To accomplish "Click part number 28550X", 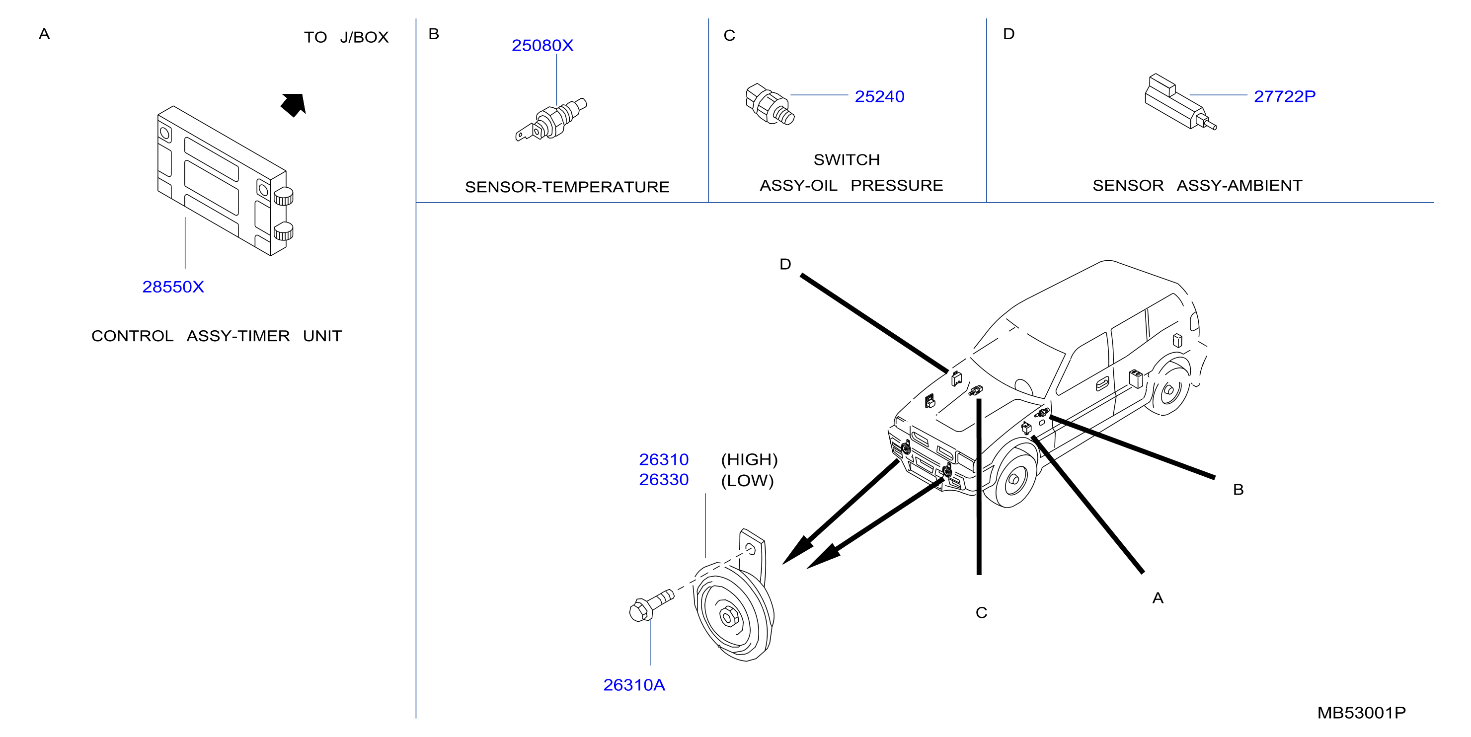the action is coord(173,287).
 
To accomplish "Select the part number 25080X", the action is coord(542,45).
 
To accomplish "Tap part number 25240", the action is coord(879,96).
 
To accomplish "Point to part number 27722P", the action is coord(1284,96).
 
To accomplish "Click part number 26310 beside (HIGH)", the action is coord(664,459).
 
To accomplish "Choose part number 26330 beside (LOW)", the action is coord(664,480).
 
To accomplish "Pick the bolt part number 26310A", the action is coord(634,685).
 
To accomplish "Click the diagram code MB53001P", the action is coord(1361,713).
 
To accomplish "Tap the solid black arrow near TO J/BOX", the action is coord(294,104).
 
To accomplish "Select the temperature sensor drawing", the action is coord(551,120).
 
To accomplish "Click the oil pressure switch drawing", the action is coord(769,104).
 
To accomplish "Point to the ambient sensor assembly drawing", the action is coord(1180,102).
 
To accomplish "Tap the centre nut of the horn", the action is coord(729,616).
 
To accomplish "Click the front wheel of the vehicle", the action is coord(1013,478).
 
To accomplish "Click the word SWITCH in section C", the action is coord(846,160).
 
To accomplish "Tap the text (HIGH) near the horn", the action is coord(749,459).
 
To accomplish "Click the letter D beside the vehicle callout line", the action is coord(785,264).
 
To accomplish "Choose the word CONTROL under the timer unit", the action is coord(133,336).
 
